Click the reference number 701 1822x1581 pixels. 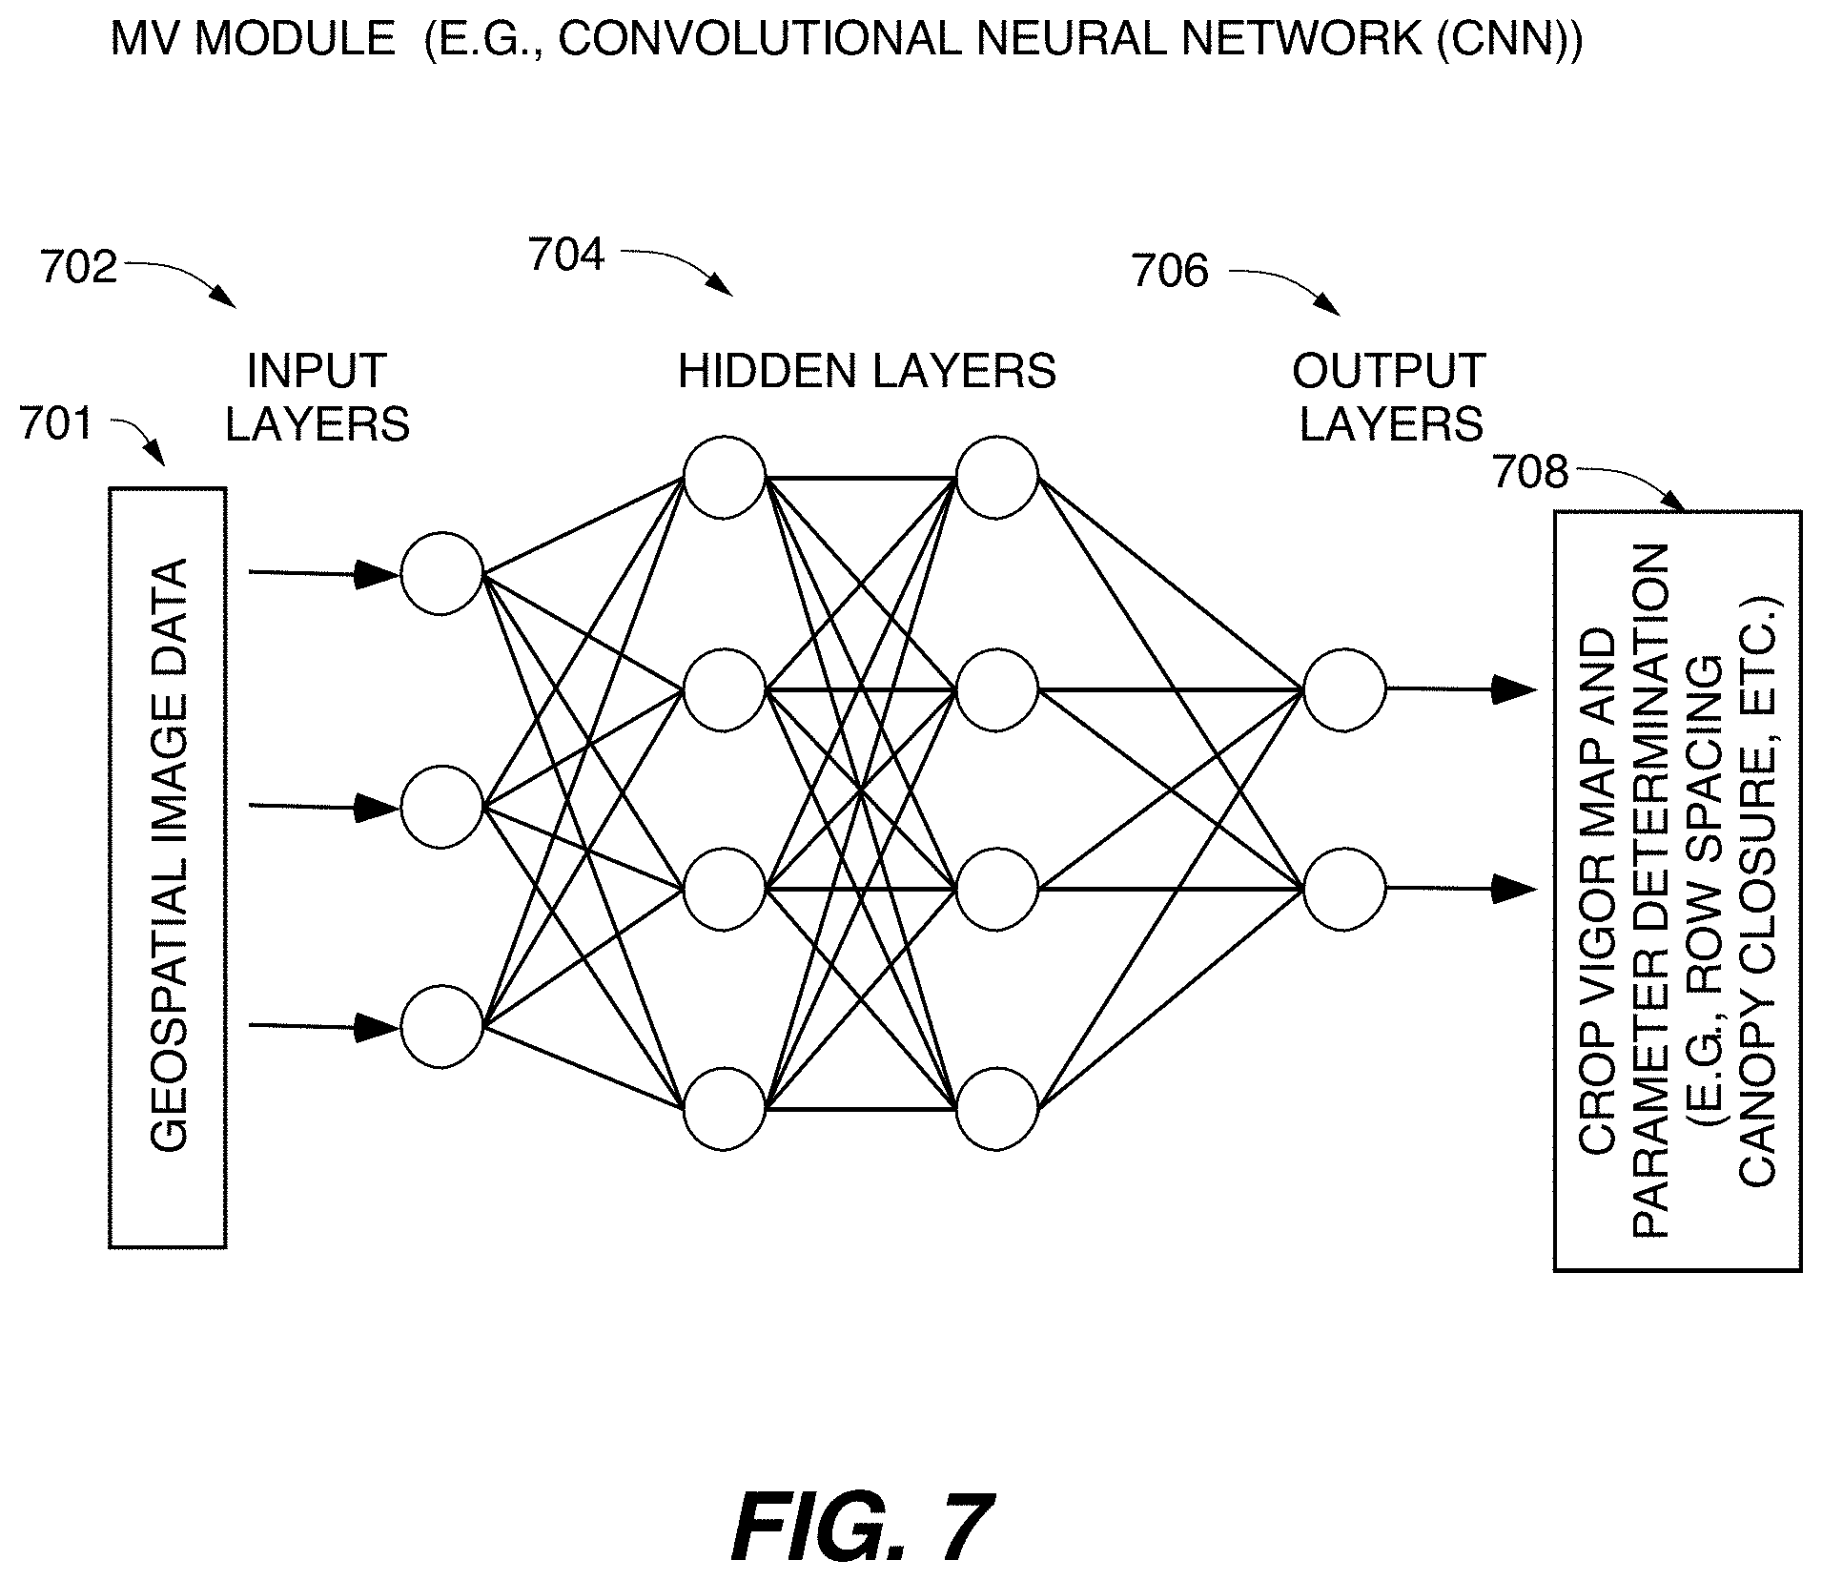(x=56, y=423)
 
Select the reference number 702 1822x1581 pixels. (x=78, y=268)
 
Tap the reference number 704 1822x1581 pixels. (x=566, y=256)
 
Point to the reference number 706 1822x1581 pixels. (x=1170, y=272)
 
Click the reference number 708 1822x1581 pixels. (x=1529, y=473)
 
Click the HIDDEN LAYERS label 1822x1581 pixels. (x=867, y=371)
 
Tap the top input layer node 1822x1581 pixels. (x=441, y=574)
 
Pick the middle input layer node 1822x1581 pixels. (x=441, y=807)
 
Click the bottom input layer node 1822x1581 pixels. (x=441, y=1026)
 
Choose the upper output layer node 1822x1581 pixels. (x=1344, y=689)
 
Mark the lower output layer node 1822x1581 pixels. (x=1344, y=889)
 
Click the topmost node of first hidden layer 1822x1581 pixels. (x=725, y=477)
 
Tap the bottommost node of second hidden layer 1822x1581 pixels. (x=997, y=1108)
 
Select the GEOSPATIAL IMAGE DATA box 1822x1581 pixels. (x=168, y=867)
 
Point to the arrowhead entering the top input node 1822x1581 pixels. (x=376, y=574)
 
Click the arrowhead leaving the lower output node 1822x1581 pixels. (x=1514, y=889)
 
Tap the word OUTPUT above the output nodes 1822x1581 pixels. (x=1389, y=371)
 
